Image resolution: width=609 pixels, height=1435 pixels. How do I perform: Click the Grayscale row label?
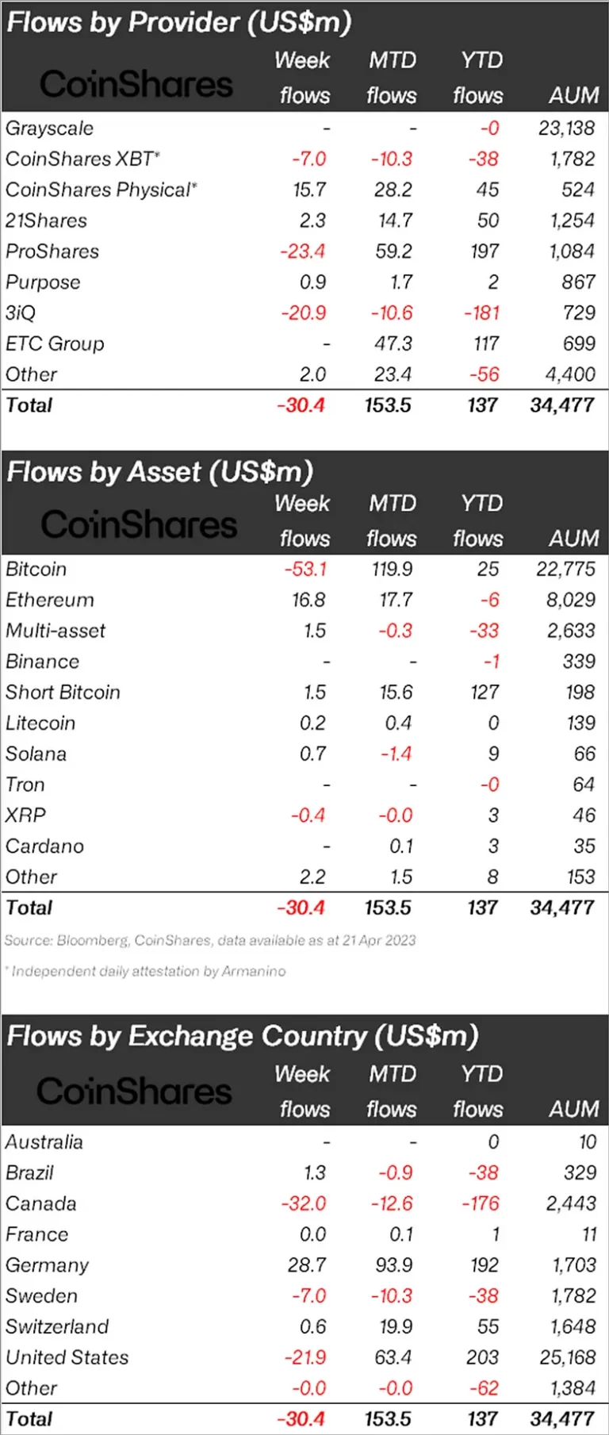tap(49, 129)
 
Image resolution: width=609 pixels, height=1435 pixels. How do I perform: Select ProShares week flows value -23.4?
tap(302, 251)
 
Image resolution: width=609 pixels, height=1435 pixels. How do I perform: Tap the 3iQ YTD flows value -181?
tap(481, 313)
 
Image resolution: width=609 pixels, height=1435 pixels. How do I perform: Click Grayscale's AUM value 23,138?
tap(566, 129)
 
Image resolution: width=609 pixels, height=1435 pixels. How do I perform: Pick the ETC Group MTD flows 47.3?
tap(393, 343)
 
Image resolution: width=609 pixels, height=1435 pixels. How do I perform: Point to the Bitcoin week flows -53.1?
tap(305, 569)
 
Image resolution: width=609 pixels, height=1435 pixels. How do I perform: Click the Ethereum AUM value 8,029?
tap(570, 600)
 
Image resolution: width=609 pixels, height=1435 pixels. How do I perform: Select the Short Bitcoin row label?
tap(63, 693)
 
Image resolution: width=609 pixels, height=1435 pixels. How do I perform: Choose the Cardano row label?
tap(44, 846)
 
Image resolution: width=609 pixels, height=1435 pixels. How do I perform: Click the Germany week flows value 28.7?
tap(307, 1265)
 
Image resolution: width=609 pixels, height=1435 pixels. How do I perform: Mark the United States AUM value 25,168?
tap(567, 1357)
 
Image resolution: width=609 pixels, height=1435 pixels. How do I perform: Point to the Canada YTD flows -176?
tap(481, 1203)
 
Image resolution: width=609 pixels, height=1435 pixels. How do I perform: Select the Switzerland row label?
tap(57, 1326)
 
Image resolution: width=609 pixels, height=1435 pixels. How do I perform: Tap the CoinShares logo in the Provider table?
tap(136, 84)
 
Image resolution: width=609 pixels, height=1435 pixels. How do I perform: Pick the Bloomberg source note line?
tap(210, 940)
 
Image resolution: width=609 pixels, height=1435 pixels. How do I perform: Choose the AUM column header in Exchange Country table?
tap(574, 1108)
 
